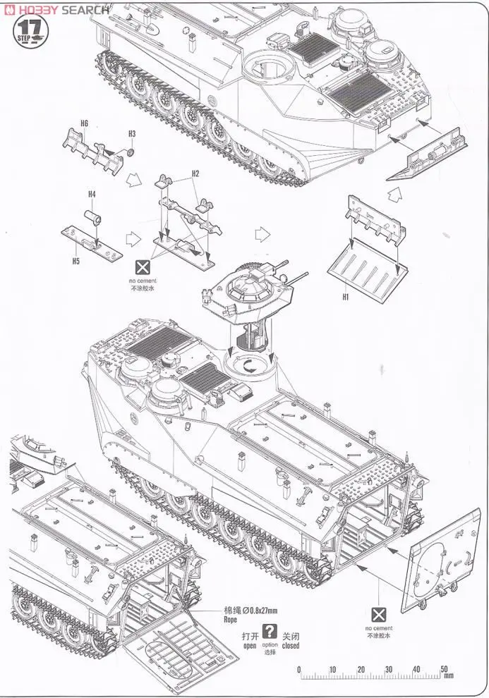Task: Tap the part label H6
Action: coord(84,123)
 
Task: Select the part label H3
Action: coord(131,133)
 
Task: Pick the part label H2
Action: coord(195,173)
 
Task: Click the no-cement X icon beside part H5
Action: coord(142,267)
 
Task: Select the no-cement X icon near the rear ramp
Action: coord(379,613)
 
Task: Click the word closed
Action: coord(290,645)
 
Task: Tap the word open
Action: coord(250,645)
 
